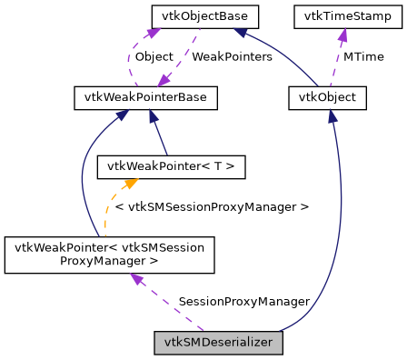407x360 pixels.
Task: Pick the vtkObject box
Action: (x=326, y=97)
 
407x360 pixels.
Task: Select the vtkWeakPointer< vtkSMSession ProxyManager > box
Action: (x=109, y=255)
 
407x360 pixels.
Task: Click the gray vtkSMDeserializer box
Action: (x=219, y=343)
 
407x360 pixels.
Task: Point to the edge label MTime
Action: (x=362, y=56)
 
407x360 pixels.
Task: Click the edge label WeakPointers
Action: (x=233, y=56)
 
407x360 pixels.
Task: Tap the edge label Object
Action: (x=154, y=56)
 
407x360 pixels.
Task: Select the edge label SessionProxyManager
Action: (x=244, y=301)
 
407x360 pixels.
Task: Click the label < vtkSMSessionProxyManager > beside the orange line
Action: (x=212, y=206)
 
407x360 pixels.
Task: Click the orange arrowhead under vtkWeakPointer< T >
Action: (x=116, y=184)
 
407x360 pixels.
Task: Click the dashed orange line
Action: (x=107, y=214)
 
